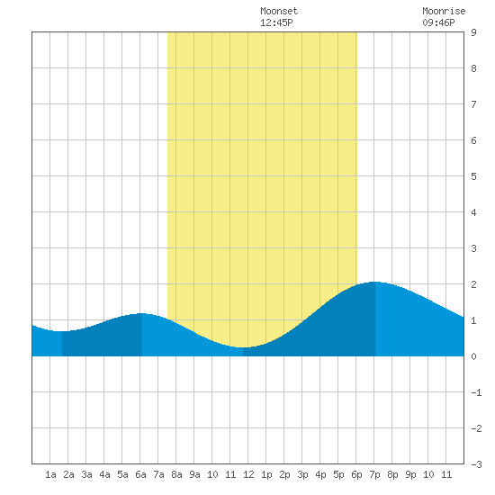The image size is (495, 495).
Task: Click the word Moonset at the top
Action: click(279, 12)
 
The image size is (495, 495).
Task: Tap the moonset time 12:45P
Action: click(276, 22)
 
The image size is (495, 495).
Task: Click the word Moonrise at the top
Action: click(444, 12)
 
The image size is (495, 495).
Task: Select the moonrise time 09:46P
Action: click(438, 22)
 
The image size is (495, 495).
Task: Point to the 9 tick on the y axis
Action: click(473, 32)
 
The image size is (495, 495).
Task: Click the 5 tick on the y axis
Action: click(473, 176)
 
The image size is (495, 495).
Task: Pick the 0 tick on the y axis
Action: click(473, 356)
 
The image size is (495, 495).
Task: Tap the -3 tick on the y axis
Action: click(476, 464)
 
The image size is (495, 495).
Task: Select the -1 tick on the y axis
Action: click(476, 392)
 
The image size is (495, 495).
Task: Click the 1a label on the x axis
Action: click(50, 474)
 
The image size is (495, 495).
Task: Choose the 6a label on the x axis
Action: click(140, 474)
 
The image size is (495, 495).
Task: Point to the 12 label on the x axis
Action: click(248, 474)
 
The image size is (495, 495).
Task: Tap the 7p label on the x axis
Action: click(374, 474)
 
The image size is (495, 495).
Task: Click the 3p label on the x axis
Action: click(302, 474)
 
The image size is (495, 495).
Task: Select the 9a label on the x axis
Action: click(194, 474)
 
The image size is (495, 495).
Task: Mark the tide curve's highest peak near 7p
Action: click(375, 282)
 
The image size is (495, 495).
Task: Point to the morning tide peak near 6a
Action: click(142, 313)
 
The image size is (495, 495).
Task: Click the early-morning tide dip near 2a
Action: click(62, 331)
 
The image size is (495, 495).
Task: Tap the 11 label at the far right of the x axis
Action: click(446, 474)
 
